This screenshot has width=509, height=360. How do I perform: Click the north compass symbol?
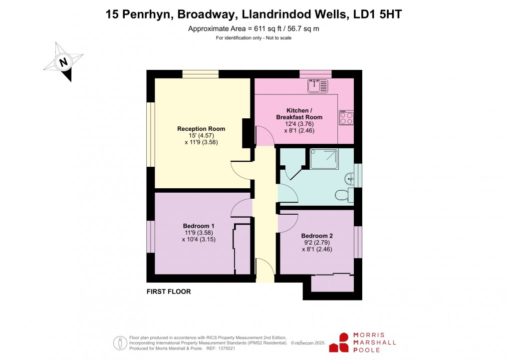pos(63,62)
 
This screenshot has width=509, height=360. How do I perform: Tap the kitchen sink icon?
pos(317,86)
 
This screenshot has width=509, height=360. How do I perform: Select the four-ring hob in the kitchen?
pos(346,118)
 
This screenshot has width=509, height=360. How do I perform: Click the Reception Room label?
pos(201,129)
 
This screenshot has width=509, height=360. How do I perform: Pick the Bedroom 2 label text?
pos(316,236)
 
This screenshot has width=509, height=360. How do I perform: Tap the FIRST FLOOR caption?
pos(169,292)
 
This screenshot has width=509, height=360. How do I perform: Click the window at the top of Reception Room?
pos(200,74)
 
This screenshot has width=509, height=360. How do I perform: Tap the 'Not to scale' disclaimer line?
pos(254,38)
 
